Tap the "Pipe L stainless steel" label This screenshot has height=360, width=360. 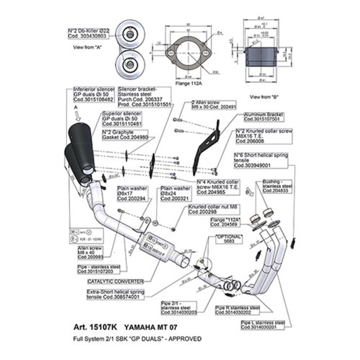pyautogui.click(x=262, y=325)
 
